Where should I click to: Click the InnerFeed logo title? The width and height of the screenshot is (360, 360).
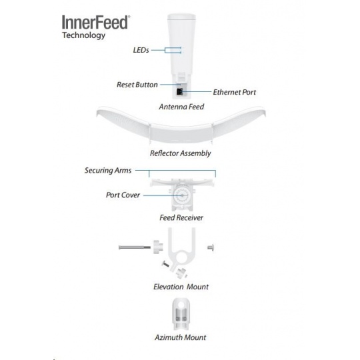click(x=96, y=23)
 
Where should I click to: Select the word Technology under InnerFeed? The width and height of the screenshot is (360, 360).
click(x=83, y=35)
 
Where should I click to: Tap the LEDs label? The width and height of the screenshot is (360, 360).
click(x=141, y=50)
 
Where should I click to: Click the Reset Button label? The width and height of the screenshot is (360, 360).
click(x=137, y=85)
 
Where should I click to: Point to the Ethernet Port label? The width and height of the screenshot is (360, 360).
click(x=235, y=92)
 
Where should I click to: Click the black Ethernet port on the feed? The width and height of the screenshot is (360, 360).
click(x=179, y=91)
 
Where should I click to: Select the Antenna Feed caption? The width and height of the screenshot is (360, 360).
click(x=181, y=107)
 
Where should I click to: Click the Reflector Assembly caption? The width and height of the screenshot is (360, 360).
click(x=180, y=153)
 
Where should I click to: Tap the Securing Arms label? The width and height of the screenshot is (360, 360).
click(x=108, y=171)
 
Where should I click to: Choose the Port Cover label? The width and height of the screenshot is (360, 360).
click(x=123, y=195)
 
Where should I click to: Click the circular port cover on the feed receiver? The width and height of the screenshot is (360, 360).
click(x=181, y=195)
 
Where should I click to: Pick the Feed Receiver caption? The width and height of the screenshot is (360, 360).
click(x=181, y=217)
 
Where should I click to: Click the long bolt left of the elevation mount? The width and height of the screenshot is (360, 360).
click(x=134, y=247)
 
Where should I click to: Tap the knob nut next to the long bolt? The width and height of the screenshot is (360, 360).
click(x=158, y=247)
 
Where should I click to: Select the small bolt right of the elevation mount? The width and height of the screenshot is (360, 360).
click(x=211, y=247)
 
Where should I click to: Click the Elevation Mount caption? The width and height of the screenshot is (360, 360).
click(x=181, y=287)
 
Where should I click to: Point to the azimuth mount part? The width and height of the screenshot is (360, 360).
click(x=181, y=314)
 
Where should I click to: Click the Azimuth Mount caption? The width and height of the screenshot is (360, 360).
click(x=181, y=337)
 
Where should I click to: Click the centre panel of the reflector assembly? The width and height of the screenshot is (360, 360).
click(x=181, y=133)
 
